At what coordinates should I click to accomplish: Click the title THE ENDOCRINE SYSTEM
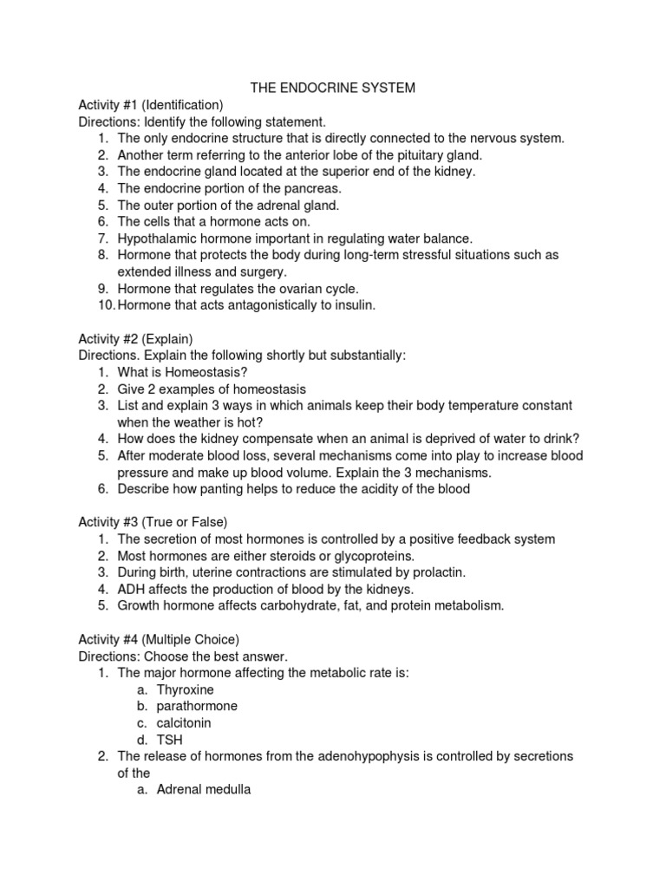point(332,88)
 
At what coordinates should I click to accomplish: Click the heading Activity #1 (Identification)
point(151,104)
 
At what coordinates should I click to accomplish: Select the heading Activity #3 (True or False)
point(153,522)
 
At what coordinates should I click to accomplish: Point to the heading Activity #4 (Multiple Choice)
point(159,639)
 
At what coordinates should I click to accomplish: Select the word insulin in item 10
point(354,304)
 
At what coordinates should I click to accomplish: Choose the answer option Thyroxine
point(186,689)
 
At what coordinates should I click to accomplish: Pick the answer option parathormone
point(197,706)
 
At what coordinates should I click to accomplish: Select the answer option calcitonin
point(184,722)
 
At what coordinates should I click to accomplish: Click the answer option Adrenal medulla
point(204,790)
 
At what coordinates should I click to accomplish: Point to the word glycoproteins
point(369,556)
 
